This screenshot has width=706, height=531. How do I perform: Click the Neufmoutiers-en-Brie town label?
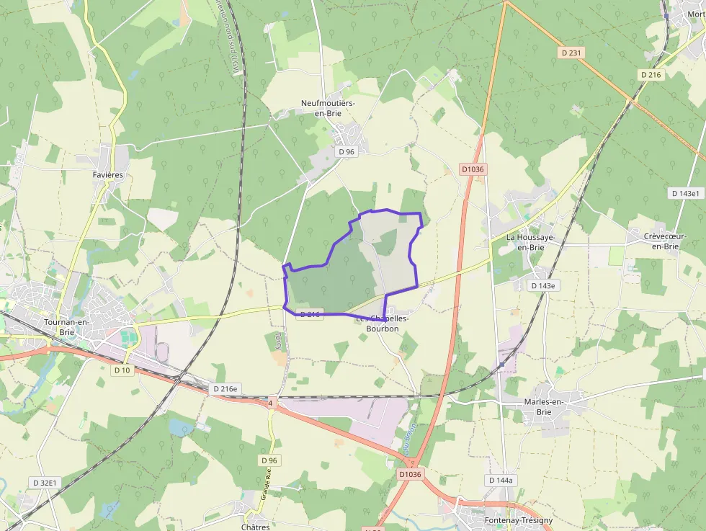(x=328, y=108)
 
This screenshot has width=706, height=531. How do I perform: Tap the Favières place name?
(x=108, y=175)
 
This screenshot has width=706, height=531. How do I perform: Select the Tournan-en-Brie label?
(x=66, y=327)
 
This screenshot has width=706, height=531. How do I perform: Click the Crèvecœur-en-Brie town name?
(x=665, y=241)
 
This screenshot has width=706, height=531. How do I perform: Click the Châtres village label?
(x=256, y=527)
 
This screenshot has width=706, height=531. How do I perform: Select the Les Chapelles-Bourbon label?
(x=382, y=323)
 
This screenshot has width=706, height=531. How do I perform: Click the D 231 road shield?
(x=571, y=53)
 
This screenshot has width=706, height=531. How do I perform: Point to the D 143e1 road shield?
(x=685, y=193)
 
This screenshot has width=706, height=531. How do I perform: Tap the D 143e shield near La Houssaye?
(x=543, y=285)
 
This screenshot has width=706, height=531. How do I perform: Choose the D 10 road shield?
(x=122, y=370)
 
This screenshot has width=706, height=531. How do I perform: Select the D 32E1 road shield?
(x=45, y=482)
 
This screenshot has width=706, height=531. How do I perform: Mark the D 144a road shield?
(x=500, y=480)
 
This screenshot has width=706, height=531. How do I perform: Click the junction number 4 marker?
(x=270, y=403)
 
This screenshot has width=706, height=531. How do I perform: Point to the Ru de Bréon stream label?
(x=411, y=438)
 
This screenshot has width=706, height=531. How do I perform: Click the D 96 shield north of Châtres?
(x=269, y=460)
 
